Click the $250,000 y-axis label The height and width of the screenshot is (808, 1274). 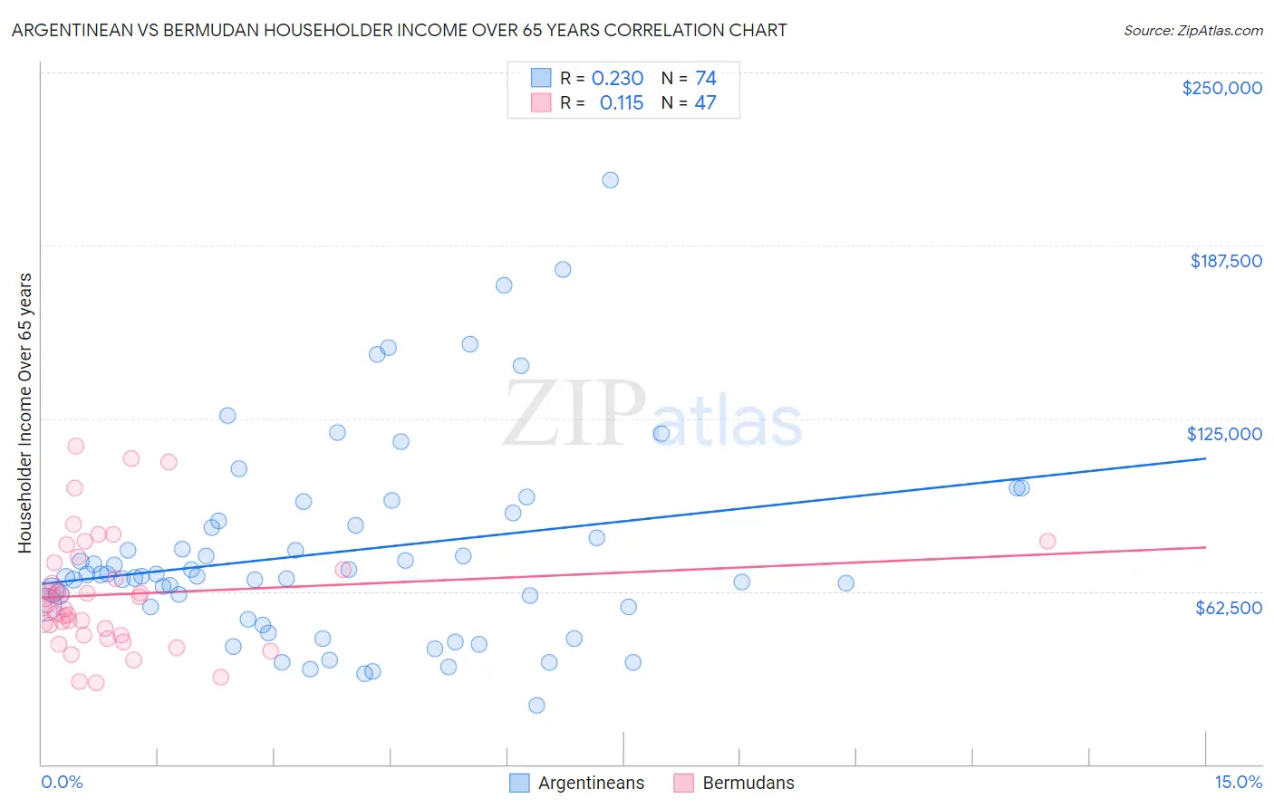pyautogui.click(x=1221, y=88)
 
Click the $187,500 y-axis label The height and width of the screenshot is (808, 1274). pyautogui.click(x=1225, y=261)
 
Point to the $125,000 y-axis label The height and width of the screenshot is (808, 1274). pyautogui.click(x=1224, y=434)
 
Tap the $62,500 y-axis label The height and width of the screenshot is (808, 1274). pyautogui.click(x=1228, y=608)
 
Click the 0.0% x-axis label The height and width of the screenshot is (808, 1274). pyautogui.click(x=62, y=782)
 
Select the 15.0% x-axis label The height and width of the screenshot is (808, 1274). pyautogui.click(x=1238, y=782)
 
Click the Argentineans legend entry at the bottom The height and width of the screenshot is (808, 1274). pyautogui.click(x=591, y=783)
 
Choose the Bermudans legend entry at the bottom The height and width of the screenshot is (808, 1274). pyautogui.click(x=748, y=783)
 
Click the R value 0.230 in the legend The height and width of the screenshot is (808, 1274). pyautogui.click(x=617, y=78)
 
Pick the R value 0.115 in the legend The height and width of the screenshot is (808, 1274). pyautogui.click(x=621, y=102)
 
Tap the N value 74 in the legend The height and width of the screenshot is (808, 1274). pyautogui.click(x=705, y=78)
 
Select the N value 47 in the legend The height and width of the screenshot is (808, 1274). pyautogui.click(x=705, y=102)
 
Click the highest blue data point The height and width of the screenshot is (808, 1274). pyautogui.click(x=611, y=180)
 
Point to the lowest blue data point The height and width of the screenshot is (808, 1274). pyautogui.click(x=536, y=706)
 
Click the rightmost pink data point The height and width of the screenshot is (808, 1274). pyautogui.click(x=1047, y=541)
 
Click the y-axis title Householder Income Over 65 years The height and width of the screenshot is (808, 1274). pyautogui.click(x=25, y=412)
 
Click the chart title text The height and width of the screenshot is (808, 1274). pyautogui.click(x=399, y=30)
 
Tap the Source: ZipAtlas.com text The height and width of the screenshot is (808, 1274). pyautogui.click(x=1192, y=30)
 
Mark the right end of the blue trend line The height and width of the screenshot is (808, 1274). pyautogui.click(x=1205, y=458)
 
